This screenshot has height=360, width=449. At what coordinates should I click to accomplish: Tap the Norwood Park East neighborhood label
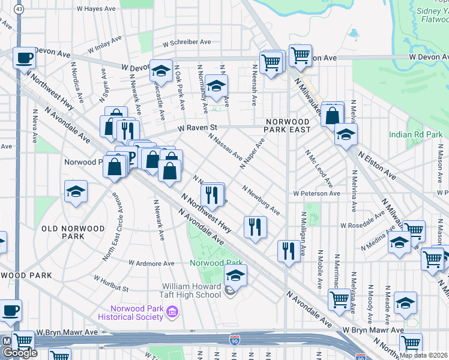pos(289,125)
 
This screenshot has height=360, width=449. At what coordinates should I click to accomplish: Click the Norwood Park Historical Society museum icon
pos(173,311)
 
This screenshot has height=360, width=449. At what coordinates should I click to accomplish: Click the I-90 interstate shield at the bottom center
pos(235,341)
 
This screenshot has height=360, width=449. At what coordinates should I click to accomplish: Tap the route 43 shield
pos(20,10)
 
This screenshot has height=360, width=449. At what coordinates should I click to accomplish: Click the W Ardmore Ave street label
pos(152,263)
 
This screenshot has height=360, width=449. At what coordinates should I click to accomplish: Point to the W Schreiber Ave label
pos(182,42)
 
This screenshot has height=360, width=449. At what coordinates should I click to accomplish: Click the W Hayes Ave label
pos(96,9)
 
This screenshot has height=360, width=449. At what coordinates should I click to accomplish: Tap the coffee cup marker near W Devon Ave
pos(24,58)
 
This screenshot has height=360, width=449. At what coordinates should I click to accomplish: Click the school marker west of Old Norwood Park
pos(76,192)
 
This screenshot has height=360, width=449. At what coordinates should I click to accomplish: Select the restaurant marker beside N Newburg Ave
pos(255,227)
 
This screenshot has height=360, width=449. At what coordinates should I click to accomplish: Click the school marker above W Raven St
pos(216,86)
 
